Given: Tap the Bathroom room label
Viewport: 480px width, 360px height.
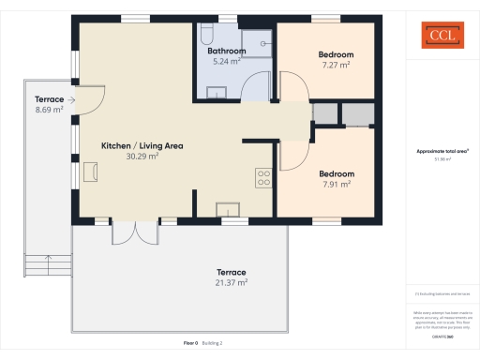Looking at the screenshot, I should click(x=227, y=51).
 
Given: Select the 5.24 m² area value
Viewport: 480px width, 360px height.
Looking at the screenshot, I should click(x=227, y=61).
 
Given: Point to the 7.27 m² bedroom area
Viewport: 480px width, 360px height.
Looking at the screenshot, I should click(x=336, y=65).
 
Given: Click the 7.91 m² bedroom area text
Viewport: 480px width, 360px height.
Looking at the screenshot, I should click(x=336, y=185).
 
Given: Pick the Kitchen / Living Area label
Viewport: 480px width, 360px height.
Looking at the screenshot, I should click(x=142, y=145).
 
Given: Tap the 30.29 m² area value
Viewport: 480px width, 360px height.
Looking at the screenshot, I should click(x=142, y=157).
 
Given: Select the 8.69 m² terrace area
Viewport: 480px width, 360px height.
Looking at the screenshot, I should click(x=49, y=110).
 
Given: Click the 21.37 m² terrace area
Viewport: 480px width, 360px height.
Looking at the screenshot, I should click(x=232, y=281).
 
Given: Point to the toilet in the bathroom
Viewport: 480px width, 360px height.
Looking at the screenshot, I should click(x=204, y=36).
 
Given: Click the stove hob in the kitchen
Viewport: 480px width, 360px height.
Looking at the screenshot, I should click(x=263, y=176).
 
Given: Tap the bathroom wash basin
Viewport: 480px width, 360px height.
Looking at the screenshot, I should click(x=217, y=92).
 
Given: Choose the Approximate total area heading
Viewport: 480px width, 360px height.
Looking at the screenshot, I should click(x=442, y=151).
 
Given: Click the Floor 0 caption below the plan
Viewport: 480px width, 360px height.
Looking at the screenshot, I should click(x=190, y=343).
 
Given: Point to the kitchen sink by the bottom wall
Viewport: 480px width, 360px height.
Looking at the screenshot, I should click(x=228, y=209).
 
